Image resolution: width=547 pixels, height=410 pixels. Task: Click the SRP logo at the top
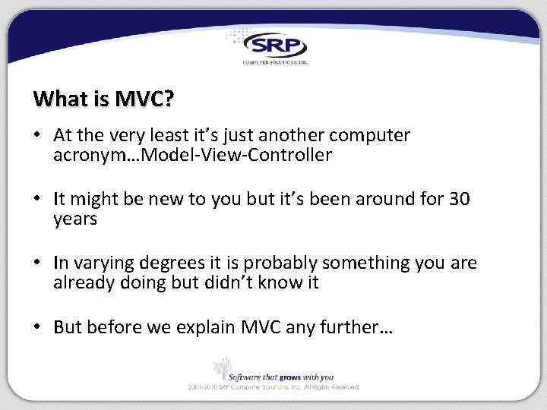pos(274,46)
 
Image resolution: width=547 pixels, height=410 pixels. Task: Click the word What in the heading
pos(55,99)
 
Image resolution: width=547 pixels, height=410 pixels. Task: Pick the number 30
pos(460,200)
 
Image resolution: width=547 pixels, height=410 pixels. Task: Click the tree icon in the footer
pos(222,368)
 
